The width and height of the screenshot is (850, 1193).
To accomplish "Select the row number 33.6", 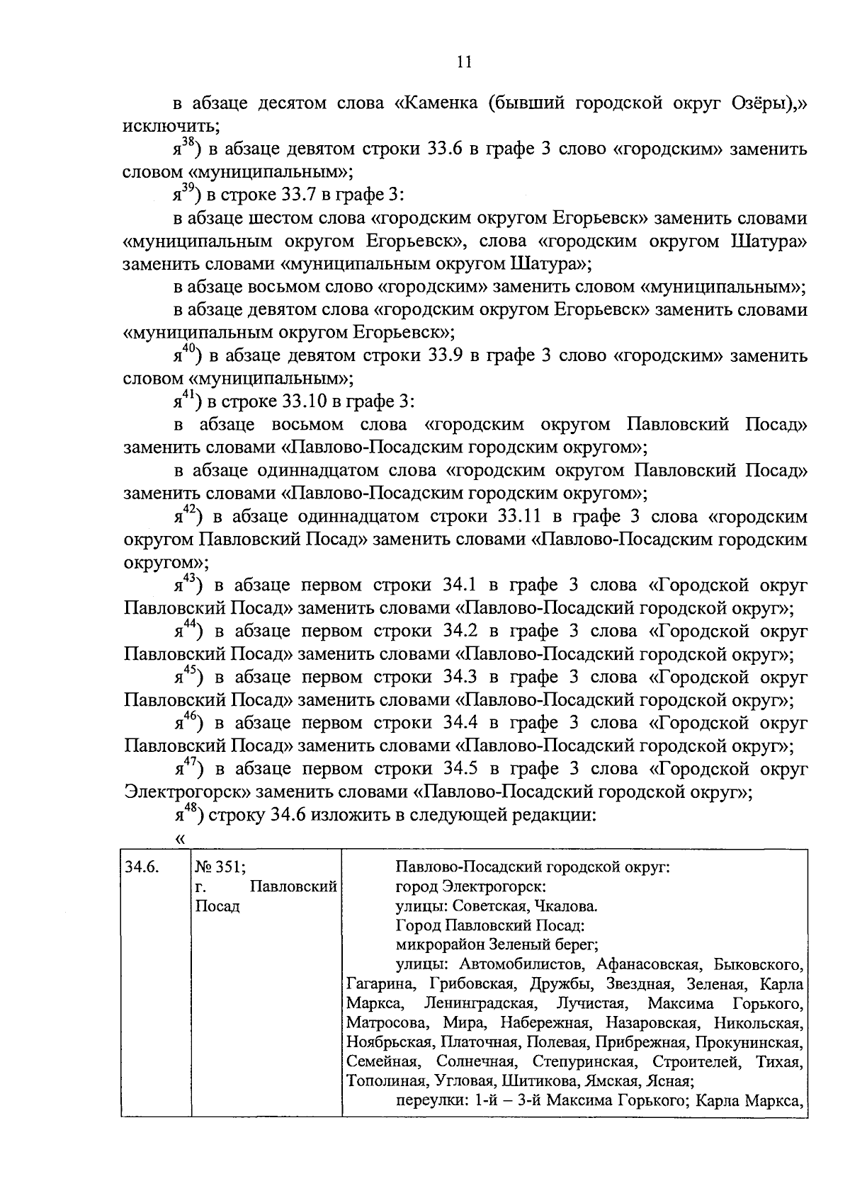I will pos(446,149).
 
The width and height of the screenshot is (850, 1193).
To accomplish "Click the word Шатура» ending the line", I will pos(768,241).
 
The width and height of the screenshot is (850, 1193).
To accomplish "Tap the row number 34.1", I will pos(461,586).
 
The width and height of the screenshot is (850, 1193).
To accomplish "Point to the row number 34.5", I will pos(461,769).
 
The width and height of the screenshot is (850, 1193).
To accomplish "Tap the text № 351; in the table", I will pos(220,867).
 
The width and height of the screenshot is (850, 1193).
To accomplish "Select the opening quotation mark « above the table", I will pos(179,839).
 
